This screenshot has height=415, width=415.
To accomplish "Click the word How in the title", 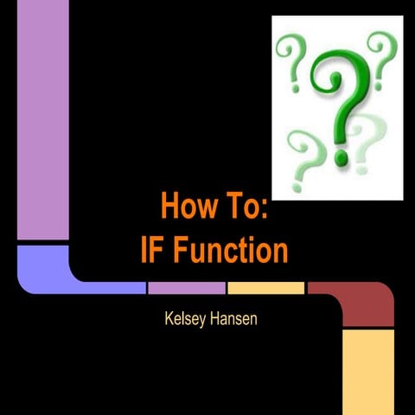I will pyautogui.click(x=183, y=207).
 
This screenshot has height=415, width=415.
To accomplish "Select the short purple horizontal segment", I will pyautogui.click(x=186, y=287).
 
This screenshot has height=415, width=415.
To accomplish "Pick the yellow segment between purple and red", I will pyautogui.click(x=265, y=287).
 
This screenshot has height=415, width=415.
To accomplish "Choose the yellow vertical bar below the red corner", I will pyautogui.click(x=368, y=372).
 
